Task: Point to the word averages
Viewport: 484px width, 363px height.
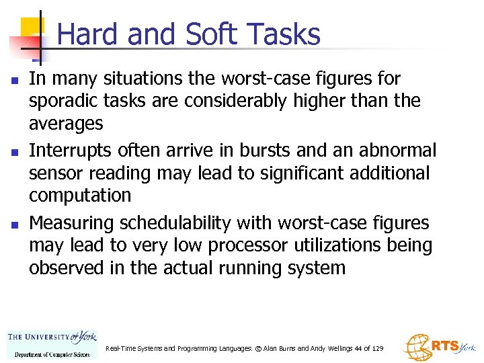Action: [x=66, y=124]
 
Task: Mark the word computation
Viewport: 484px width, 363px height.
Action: [x=80, y=196]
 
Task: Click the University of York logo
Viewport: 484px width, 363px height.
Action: [x=52, y=343]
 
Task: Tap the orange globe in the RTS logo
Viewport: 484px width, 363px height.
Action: [x=415, y=347]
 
